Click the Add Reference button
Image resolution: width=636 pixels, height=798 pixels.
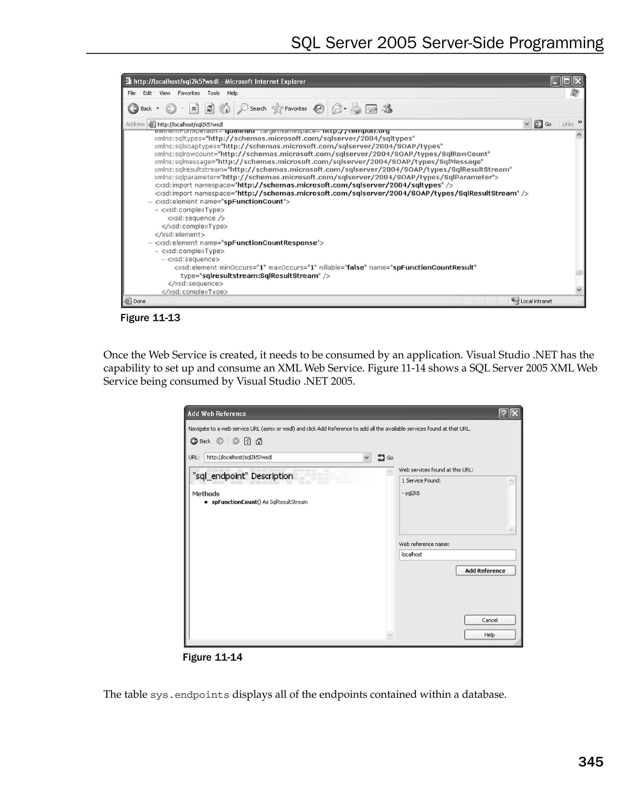pos(485,570)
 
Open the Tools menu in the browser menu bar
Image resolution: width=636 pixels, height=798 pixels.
pos(213,93)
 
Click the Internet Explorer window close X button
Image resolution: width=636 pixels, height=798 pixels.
pos(578,81)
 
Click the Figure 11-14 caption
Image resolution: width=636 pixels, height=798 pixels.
pos(212,657)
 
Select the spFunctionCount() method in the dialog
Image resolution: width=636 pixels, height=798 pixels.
pos(235,502)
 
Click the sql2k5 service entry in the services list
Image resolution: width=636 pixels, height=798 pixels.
pos(412,493)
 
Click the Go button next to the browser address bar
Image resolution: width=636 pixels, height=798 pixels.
pos(543,124)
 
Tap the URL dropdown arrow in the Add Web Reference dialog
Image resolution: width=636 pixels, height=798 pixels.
pos(366,458)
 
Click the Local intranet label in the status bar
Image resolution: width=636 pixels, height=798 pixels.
pos(535,301)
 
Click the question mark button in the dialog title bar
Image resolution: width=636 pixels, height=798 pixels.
pos(503,413)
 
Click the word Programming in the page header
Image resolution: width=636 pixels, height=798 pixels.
pos(556,43)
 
